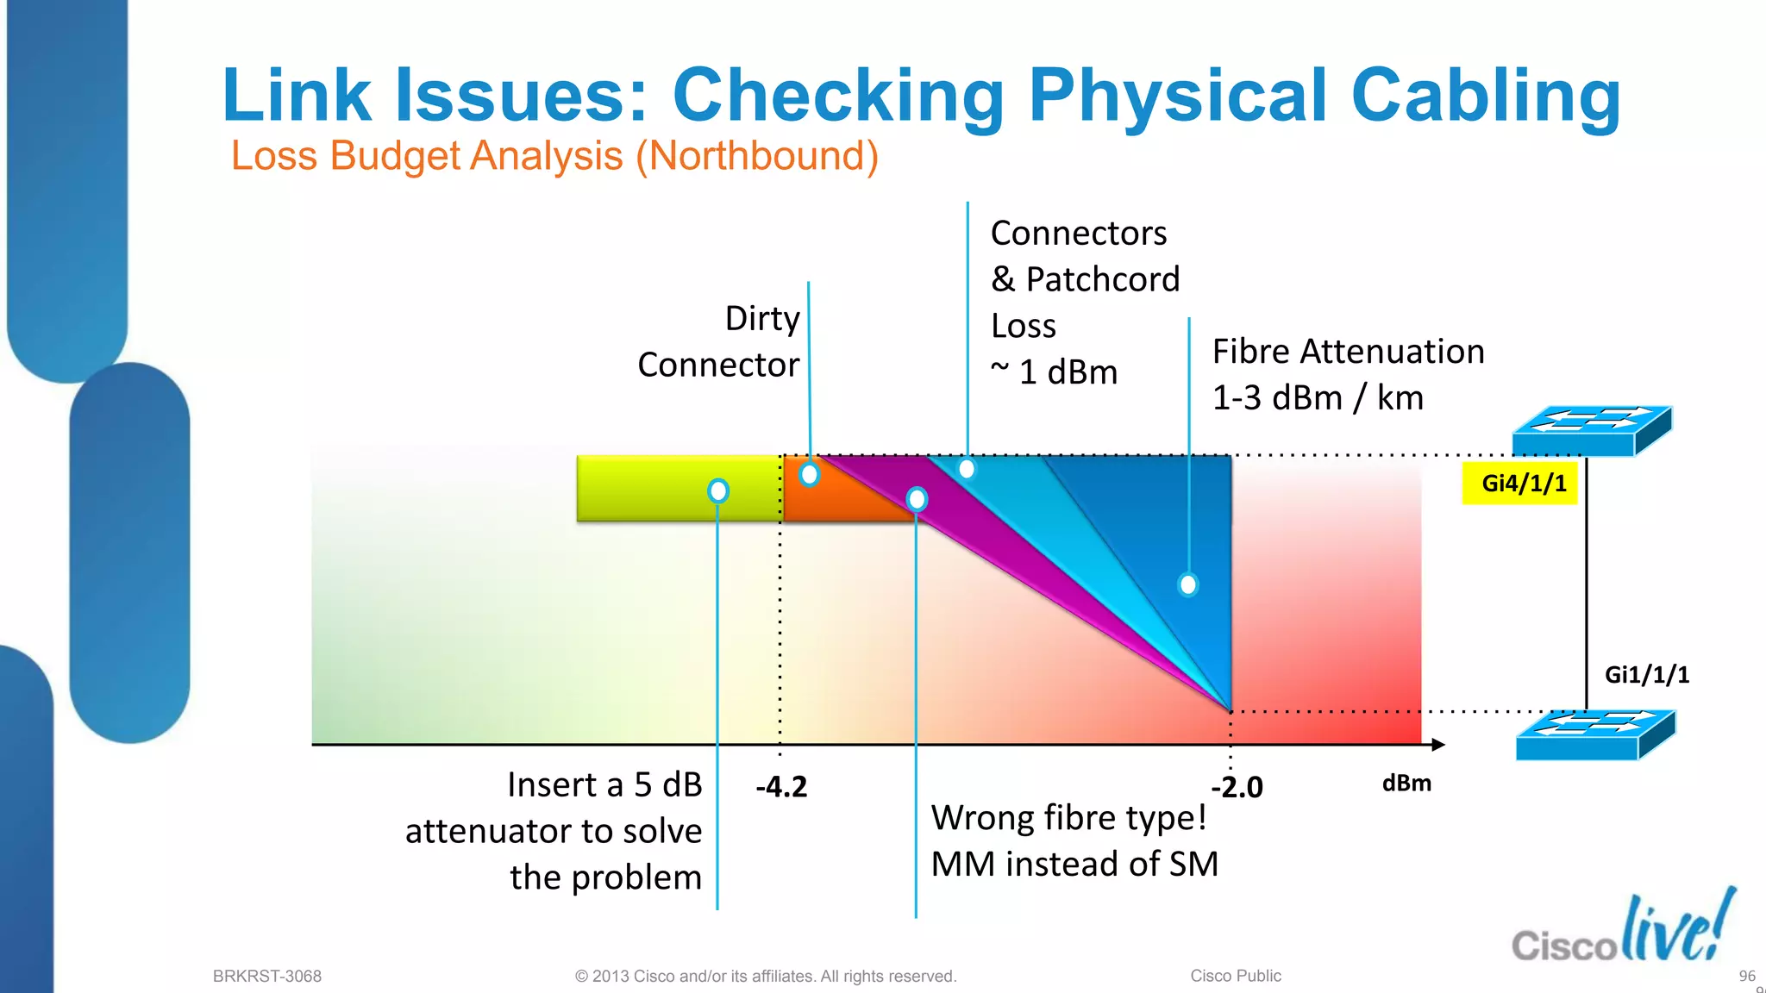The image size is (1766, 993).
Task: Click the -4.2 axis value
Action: pos(781,787)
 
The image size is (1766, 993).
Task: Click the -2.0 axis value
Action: pos(1237,787)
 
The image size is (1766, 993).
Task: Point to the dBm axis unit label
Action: pos(1406,784)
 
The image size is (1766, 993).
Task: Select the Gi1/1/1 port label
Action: pos(1646,675)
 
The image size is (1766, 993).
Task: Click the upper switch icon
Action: pos(1591,430)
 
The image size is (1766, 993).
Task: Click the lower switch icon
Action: pos(1594,735)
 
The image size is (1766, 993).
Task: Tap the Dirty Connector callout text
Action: pos(719,342)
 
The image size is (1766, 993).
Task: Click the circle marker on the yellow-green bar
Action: pos(718,490)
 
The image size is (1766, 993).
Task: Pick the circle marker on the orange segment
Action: pos(809,474)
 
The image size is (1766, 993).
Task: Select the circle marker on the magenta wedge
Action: pos(917,499)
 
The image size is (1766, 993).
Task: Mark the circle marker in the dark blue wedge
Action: pos(1188,584)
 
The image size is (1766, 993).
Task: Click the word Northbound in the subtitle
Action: pos(756,156)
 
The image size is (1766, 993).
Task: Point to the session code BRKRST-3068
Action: pos(267,976)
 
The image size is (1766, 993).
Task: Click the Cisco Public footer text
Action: pos(1236,976)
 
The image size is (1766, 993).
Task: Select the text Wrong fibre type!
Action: pos(1068,817)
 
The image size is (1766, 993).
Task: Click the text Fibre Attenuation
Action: pos(1348,352)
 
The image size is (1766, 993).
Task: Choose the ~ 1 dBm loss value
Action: pos(1054,372)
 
